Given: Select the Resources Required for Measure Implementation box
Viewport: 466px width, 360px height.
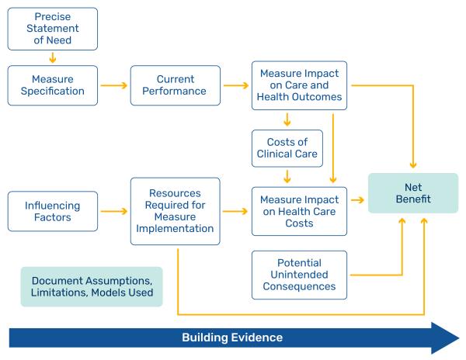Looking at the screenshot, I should pos(175,212).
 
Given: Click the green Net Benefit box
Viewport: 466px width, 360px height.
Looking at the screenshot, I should pos(412,199).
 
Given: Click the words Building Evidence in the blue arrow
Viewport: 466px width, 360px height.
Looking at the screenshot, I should pos(232,338).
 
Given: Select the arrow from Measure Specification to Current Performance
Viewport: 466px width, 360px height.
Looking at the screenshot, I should pos(114,84).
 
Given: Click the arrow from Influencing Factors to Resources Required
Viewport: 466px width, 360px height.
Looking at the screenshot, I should pos(114,210).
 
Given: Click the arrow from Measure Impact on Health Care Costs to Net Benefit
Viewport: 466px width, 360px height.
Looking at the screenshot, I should pos(357,200).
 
